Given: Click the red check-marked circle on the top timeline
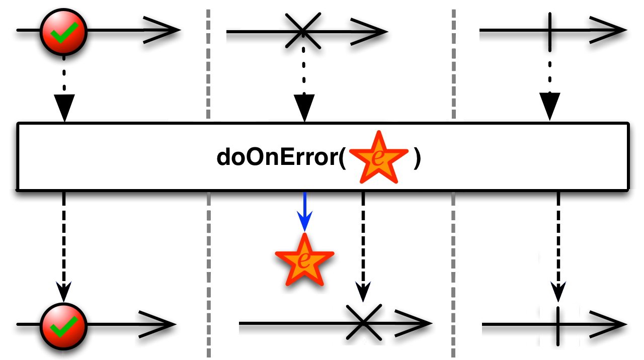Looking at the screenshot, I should pos(64,31).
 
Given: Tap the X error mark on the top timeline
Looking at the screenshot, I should pos(303,31).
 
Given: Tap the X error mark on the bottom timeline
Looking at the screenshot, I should pos(363,322).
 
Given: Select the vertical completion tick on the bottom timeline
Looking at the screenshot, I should pos(558,325).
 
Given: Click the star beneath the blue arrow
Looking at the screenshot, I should pos(304,259).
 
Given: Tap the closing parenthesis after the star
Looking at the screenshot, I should pos(417,158).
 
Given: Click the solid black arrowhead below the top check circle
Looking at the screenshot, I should pos(64,107).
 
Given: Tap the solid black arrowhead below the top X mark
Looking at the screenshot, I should pos(304,107).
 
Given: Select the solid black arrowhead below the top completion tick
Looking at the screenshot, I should pos(550,106).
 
